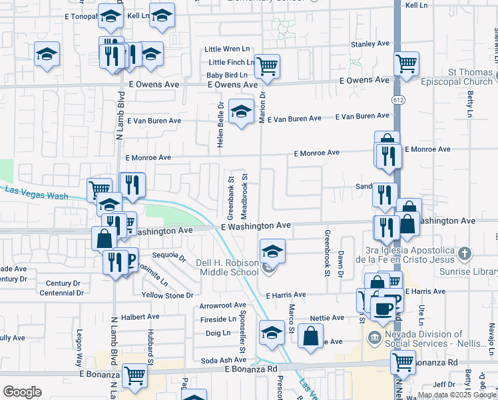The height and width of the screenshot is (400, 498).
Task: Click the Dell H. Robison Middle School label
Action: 227,267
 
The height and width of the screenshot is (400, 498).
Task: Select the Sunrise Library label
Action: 469,271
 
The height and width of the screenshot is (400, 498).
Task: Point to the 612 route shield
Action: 398,100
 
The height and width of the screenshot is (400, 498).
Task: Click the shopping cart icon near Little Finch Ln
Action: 266,66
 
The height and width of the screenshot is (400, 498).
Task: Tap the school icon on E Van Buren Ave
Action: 240,111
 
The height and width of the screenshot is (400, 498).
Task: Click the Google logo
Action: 22,392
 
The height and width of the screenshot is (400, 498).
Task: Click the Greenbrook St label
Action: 327,253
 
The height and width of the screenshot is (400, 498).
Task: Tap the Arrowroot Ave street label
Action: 223,305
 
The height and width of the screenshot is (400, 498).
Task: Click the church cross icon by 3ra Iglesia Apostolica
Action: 465,253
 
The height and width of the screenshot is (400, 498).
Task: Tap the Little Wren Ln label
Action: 227,49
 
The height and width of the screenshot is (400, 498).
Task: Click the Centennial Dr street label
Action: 62,293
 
